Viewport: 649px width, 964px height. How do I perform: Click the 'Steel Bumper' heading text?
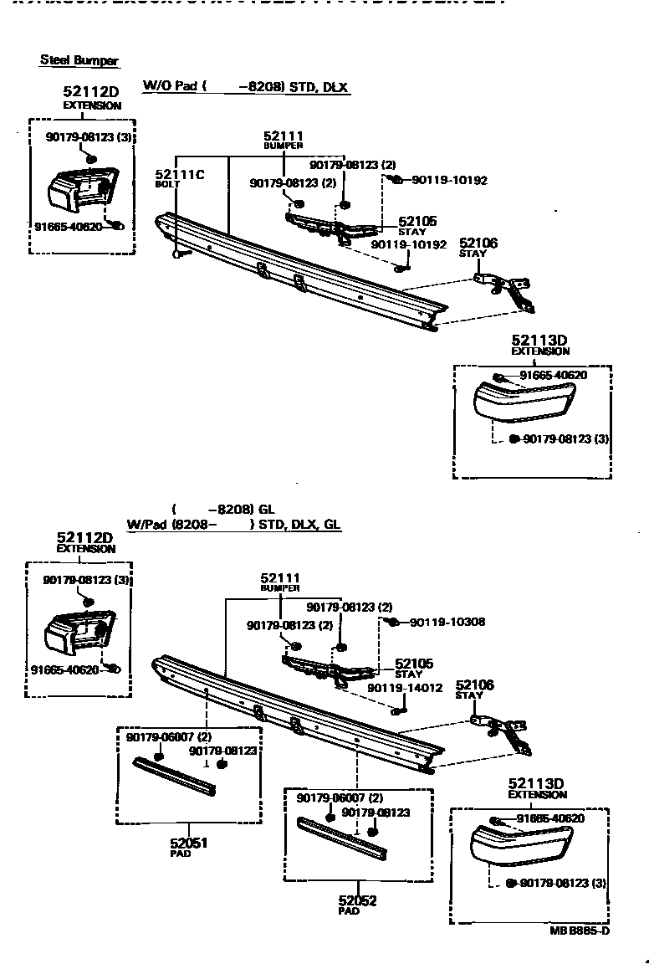(x=79, y=60)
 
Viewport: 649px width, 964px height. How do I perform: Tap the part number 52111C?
(x=179, y=174)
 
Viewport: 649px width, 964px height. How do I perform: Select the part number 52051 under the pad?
(x=189, y=843)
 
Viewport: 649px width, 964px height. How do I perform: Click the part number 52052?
(x=357, y=901)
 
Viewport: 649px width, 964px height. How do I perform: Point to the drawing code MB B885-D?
(x=580, y=931)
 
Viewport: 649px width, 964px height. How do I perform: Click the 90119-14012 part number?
(x=405, y=688)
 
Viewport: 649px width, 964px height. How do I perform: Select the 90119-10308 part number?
(x=447, y=622)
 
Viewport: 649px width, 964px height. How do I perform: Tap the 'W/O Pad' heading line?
(x=246, y=86)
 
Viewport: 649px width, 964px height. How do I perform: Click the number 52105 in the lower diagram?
(x=414, y=664)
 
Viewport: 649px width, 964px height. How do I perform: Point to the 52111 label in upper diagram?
(x=283, y=136)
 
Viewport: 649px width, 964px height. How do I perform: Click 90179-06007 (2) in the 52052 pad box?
(x=340, y=798)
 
